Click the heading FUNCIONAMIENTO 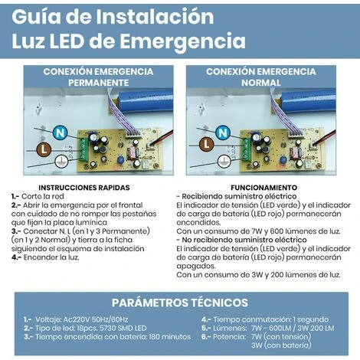point(267,187)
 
